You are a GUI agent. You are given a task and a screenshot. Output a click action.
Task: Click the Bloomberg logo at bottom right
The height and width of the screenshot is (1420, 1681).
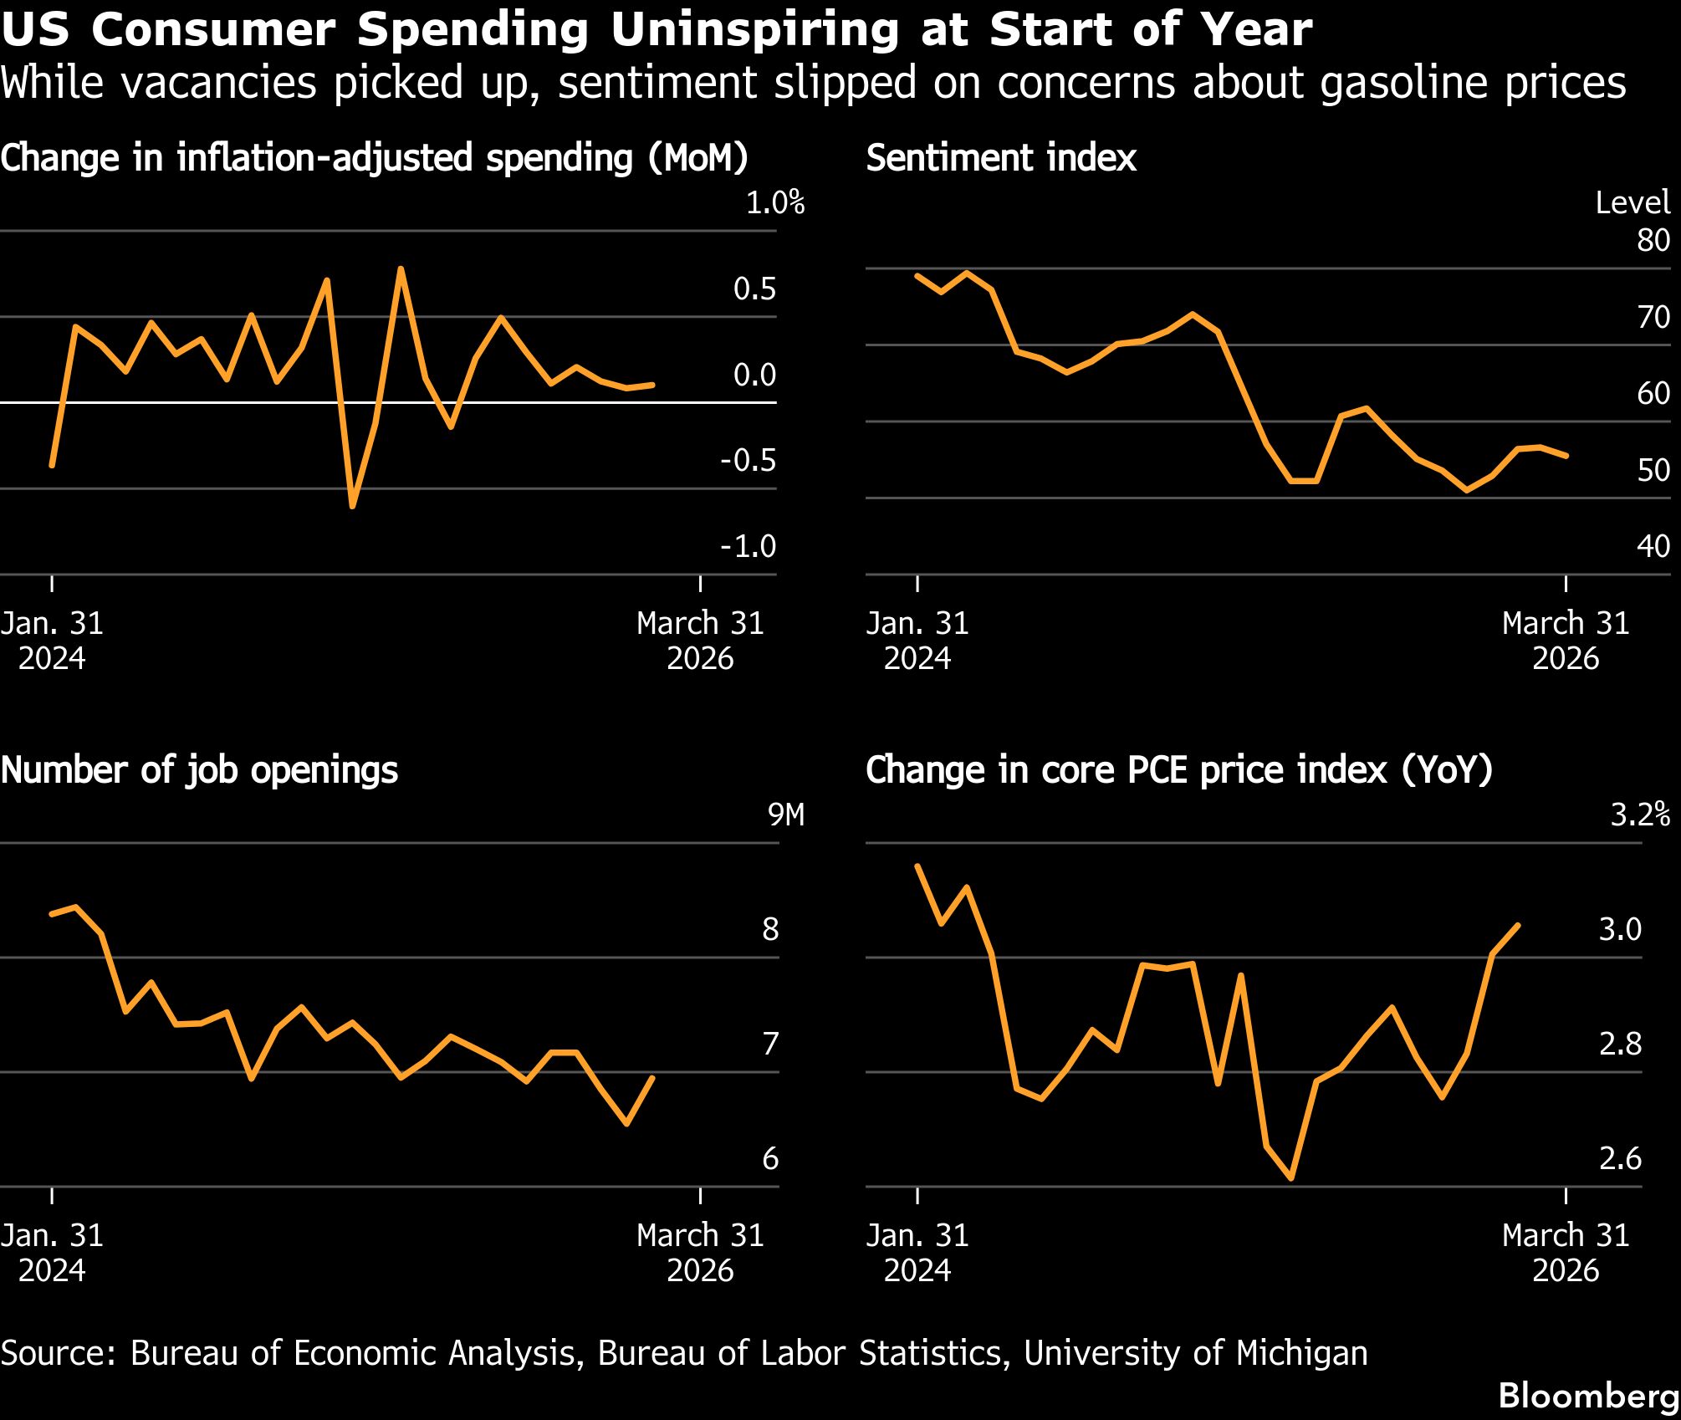coord(1588,1396)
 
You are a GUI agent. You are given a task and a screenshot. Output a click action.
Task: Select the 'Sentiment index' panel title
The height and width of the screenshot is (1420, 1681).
coord(1001,158)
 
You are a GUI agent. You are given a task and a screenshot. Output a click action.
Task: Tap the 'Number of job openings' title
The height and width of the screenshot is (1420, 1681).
coord(199,769)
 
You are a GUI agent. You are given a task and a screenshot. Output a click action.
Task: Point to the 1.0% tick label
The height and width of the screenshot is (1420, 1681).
coord(774,202)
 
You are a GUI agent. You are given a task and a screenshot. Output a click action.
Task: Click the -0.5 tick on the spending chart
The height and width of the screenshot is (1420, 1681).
coord(748,461)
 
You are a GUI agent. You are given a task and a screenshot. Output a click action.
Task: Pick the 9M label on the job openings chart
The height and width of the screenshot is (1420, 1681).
coord(785,815)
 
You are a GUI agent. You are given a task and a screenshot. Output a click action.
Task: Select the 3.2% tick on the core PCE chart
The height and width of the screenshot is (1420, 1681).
coord(1640,815)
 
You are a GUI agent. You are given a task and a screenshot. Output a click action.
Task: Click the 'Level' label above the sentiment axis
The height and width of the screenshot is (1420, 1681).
coord(1632,202)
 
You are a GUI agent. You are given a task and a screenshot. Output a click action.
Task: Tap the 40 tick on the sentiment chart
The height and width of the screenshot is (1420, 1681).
coord(1653,546)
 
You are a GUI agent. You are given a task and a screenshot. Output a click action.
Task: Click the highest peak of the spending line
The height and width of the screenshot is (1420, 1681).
coord(401,268)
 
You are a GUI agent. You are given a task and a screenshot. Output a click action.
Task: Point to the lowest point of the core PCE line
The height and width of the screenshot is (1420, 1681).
coord(1292,1178)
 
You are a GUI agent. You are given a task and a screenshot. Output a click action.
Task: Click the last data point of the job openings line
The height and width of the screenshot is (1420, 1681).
coord(652,1077)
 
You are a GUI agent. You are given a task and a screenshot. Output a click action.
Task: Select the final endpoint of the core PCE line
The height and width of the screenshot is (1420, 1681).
coord(1518,925)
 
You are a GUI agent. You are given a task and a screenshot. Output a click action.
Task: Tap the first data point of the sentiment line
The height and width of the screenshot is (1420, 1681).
coord(917,275)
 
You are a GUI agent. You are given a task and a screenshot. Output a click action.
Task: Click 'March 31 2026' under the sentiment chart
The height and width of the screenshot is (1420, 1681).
coord(1565,641)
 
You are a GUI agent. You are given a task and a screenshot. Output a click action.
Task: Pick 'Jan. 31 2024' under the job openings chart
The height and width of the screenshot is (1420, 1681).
coord(52,1253)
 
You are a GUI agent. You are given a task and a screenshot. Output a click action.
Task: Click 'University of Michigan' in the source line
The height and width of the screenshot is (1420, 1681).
coord(1196,1353)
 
